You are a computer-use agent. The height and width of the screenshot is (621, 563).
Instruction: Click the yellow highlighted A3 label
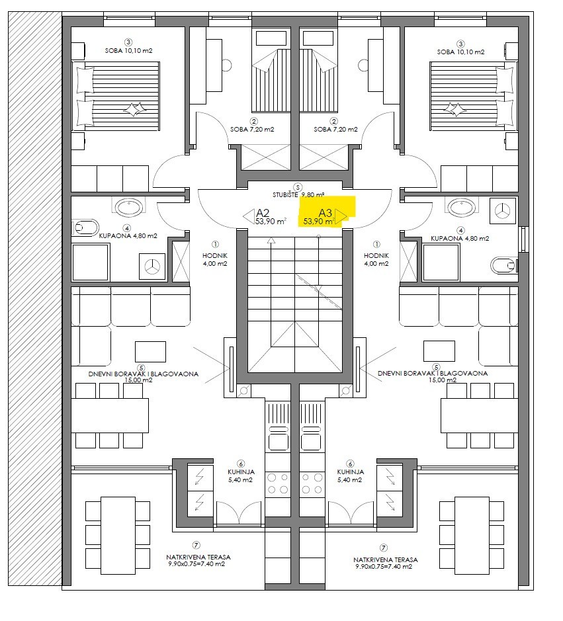point(325,213)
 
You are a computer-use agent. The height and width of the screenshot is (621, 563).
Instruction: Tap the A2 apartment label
point(263,212)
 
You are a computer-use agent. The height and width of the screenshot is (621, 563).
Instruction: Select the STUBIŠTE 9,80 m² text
point(298,195)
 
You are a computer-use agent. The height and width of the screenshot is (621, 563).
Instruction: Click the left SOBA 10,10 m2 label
point(128,51)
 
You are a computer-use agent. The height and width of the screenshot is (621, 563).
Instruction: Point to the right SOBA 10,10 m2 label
point(460,52)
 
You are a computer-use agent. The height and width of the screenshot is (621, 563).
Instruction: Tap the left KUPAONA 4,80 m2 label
point(128,235)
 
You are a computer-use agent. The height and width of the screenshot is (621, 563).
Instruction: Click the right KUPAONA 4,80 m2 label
point(460,239)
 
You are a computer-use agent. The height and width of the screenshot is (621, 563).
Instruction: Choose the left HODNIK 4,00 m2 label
point(215,259)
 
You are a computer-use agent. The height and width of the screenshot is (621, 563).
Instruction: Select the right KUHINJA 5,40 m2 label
point(350,476)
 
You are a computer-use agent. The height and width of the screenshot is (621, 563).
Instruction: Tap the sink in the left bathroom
point(129,207)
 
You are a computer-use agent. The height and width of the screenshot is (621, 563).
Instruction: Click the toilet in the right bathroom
point(504,265)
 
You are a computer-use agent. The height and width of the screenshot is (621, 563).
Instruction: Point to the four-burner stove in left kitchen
point(278,483)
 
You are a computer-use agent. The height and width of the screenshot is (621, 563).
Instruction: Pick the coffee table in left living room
point(151,352)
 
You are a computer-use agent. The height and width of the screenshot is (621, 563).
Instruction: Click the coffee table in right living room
point(439,351)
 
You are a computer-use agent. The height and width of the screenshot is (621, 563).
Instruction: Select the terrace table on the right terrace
point(472,536)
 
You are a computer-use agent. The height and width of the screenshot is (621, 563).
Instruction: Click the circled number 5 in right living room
point(436,367)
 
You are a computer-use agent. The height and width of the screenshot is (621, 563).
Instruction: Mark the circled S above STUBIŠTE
point(298,187)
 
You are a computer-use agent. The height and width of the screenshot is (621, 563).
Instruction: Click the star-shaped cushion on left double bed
point(134,109)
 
